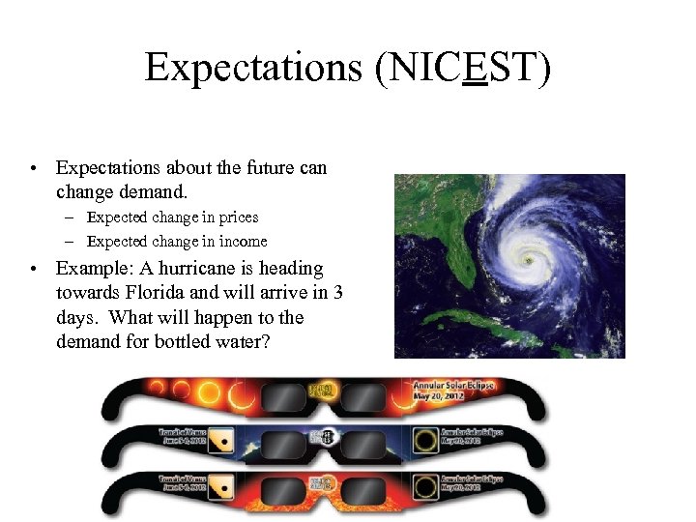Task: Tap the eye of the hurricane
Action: [x=527, y=260]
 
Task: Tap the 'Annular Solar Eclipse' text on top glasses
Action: [x=453, y=385]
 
